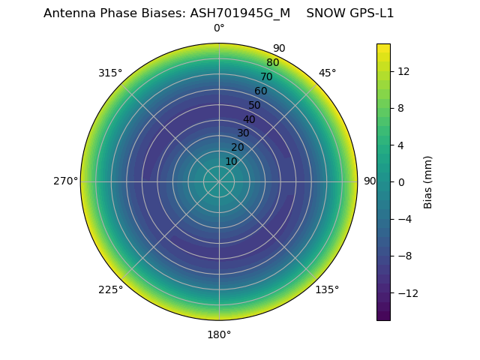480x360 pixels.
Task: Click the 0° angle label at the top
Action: (219, 28)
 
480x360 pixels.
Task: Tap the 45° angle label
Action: (327, 73)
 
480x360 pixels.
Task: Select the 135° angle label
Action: (327, 289)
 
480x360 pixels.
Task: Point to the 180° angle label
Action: (219, 334)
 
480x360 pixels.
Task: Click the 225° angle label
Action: (110, 289)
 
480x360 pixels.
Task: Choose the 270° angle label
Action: (65, 181)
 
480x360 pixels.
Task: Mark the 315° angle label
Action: (110, 73)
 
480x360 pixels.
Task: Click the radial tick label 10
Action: (231, 161)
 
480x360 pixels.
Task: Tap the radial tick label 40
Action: (249, 119)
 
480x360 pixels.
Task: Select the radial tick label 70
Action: (266, 76)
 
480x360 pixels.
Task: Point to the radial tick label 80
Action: (272, 62)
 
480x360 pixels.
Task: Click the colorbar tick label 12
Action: (403, 71)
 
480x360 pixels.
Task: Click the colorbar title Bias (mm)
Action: (428, 181)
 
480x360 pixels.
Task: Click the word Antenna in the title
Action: (67, 13)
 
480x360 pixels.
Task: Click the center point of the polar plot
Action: (219, 181)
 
